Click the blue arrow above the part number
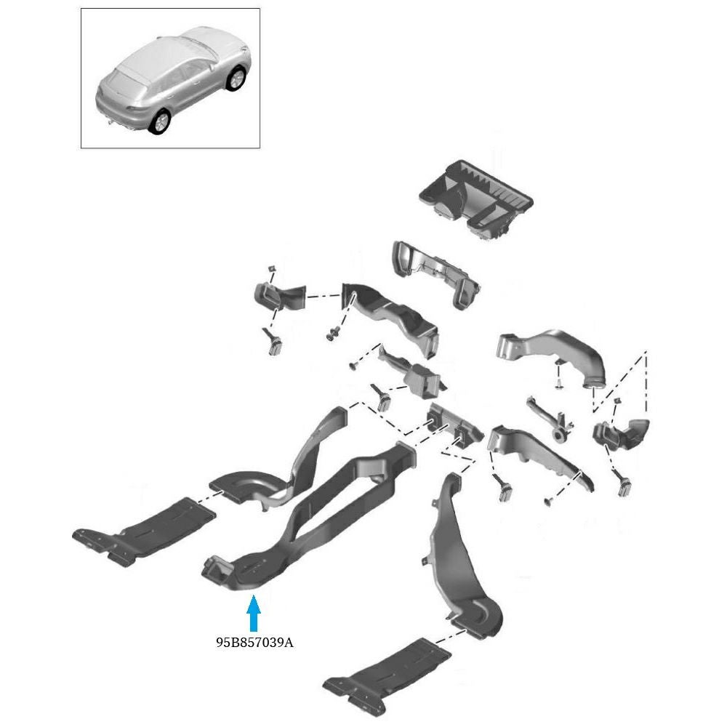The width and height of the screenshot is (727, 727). coord(253,613)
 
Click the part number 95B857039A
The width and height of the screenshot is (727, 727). coord(254,643)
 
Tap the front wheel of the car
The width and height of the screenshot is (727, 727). coord(236,79)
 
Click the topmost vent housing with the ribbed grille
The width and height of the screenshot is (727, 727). coord(475,199)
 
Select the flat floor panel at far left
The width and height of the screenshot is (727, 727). coord(144,531)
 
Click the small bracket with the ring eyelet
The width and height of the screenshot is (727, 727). coord(552,419)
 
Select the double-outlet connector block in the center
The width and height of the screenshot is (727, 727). coord(454,427)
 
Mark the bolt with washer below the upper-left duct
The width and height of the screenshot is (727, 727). coord(333,333)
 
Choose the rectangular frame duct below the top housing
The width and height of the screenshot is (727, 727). coord(435,273)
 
